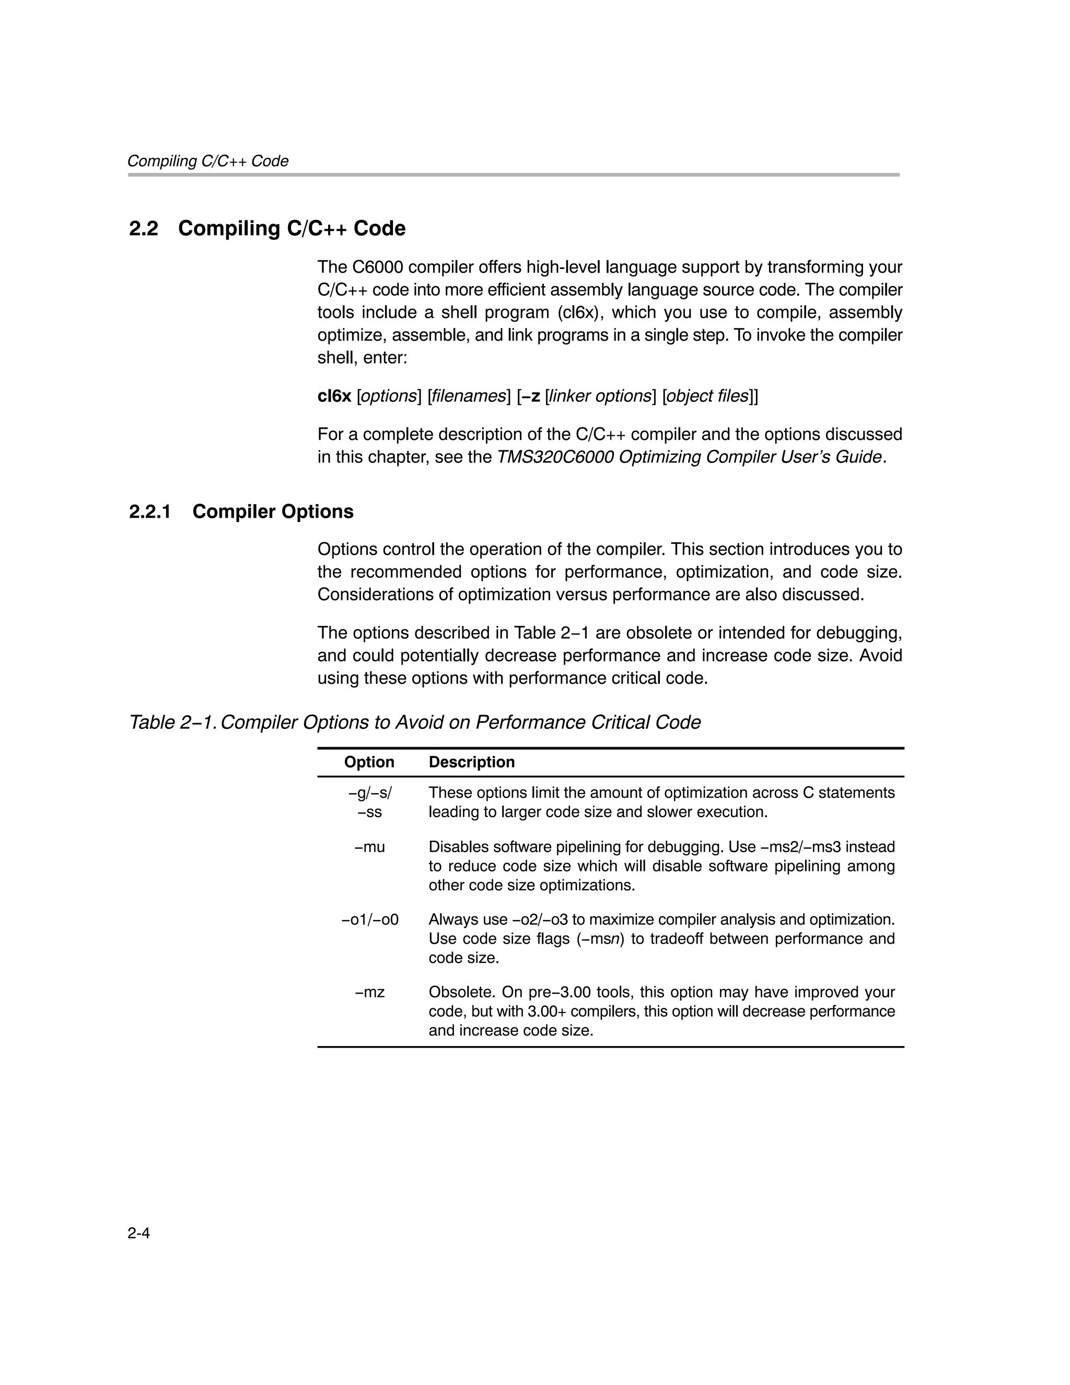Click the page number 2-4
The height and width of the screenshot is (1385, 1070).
click(x=138, y=1233)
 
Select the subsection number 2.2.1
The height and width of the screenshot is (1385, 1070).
click(x=150, y=512)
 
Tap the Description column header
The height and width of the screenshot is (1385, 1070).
click(x=471, y=762)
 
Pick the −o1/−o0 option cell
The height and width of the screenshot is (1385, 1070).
click(x=370, y=920)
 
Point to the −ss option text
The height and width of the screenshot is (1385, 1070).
click(x=369, y=812)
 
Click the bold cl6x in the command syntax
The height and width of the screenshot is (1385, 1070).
click(x=334, y=397)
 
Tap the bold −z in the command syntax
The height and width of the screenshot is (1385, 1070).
click(x=531, y=397)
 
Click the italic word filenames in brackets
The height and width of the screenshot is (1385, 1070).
click(x=468, y=397)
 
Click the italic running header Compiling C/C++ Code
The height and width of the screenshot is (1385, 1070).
click(x=208, y=161)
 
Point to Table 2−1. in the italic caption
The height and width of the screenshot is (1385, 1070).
click(x=172, y=723)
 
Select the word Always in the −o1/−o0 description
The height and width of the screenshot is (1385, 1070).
click(x=450, y=920)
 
